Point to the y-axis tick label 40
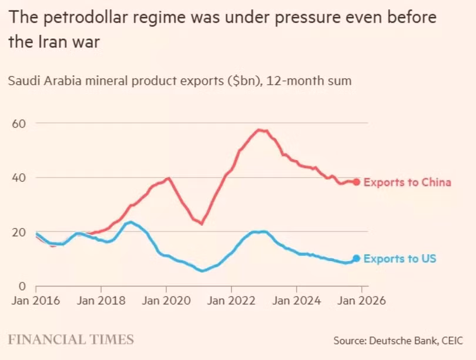point(19,178)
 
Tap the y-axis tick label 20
point(19,232)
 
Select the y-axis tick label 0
point(22,286)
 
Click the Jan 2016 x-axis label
point(36,301)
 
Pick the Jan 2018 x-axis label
point(101,301)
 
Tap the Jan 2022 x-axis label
point(231,301)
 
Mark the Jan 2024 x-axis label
point(296,301)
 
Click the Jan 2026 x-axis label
point(361,301)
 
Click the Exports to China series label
point(407,182)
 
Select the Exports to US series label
point(400,259)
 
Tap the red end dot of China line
point(356,182)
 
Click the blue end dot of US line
point(356,258)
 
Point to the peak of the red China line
point(259,130)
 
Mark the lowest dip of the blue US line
point(202,271)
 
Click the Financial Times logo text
point(71,339)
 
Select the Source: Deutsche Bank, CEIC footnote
point(398,340)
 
